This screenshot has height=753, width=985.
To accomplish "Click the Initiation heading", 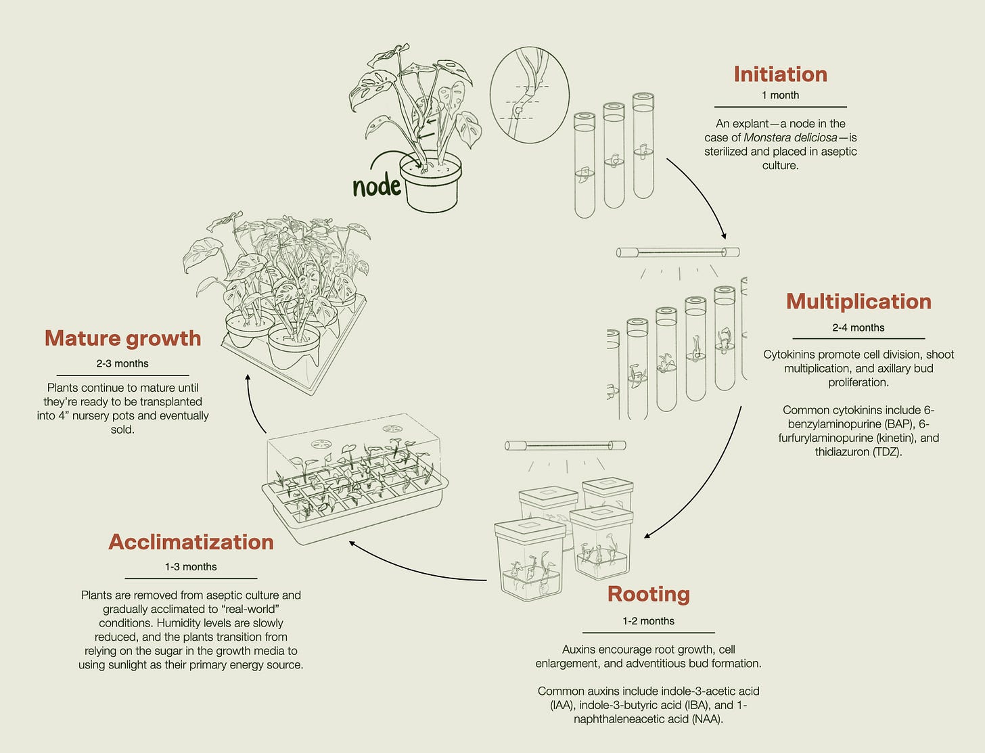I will (780, 74).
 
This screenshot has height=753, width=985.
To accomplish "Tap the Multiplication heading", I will (858, 301).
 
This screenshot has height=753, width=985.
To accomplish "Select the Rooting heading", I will (648, 593).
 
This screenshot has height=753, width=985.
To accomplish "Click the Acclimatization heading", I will (191, 541).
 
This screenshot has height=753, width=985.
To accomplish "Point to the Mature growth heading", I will (122, 338).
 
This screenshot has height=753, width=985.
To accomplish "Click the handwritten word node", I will (376, 185).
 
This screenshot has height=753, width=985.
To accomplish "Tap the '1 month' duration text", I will (780, 95).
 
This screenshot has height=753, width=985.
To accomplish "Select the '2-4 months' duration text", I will (858, 327).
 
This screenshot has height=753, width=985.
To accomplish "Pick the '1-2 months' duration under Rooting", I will (648, 621).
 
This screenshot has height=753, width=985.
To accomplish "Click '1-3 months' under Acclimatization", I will (191, 567).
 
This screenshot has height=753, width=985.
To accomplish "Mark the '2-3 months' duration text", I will (122, 363).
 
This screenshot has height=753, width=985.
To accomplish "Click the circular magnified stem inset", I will (529, 95).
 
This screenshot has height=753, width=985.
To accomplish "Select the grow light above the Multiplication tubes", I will (677, 253).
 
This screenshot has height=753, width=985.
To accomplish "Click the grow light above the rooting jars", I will (566, 445).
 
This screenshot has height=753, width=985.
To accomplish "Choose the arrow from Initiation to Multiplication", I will (700, 196).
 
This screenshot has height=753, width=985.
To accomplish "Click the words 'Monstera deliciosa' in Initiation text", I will (789, 137).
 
